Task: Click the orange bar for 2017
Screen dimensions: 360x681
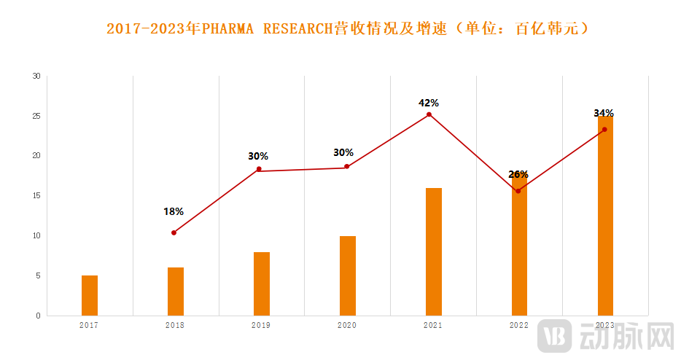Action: click(x=90, y=295)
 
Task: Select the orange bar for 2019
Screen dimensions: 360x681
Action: click(x=262, y=283)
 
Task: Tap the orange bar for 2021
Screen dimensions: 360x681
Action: click(x=434, y=251)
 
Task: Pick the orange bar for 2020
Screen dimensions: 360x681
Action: click(x=348, y=275)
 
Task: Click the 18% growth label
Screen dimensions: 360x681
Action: click(x=174, y=211)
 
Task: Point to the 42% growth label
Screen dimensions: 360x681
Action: click(x=429, y=103)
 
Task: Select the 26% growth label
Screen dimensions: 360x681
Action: click(x=518, y=174)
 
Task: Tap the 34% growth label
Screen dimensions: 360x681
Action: click(x=604, y=113)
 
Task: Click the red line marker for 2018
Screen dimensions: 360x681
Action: click(x=174, y=232)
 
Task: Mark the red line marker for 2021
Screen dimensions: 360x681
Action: click(x=429, y=114)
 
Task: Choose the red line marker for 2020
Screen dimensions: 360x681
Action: click(x=347, y=167)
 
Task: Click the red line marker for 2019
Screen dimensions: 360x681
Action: click(x=259, y=169)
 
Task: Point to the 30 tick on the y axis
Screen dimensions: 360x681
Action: click(x=36, y=76)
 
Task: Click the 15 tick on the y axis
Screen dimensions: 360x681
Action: click(x=36, y=195)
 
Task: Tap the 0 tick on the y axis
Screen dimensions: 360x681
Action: click(x=39, y=316)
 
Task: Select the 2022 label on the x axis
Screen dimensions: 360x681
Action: click(x=518, y=325)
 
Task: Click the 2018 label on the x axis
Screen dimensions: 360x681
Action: click(x=175, y=325)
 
